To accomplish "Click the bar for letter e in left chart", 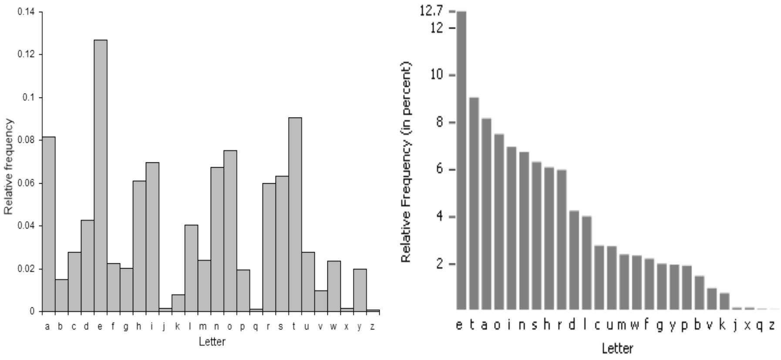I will point(101,174).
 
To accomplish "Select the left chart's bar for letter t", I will point(295,213).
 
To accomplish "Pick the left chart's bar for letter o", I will point(230,231).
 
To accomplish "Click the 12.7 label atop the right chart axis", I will point(431,11).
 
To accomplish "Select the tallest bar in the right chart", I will point(461,161).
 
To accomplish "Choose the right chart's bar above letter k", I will point(724,301).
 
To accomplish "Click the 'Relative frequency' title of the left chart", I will point(9,166).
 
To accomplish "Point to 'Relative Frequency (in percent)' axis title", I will point(406,162).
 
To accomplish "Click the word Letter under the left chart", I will point(212,342).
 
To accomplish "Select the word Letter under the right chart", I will point(617,348).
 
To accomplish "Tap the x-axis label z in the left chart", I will point(372,326).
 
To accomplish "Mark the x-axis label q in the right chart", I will point(760,326).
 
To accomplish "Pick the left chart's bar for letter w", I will point(334,286).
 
